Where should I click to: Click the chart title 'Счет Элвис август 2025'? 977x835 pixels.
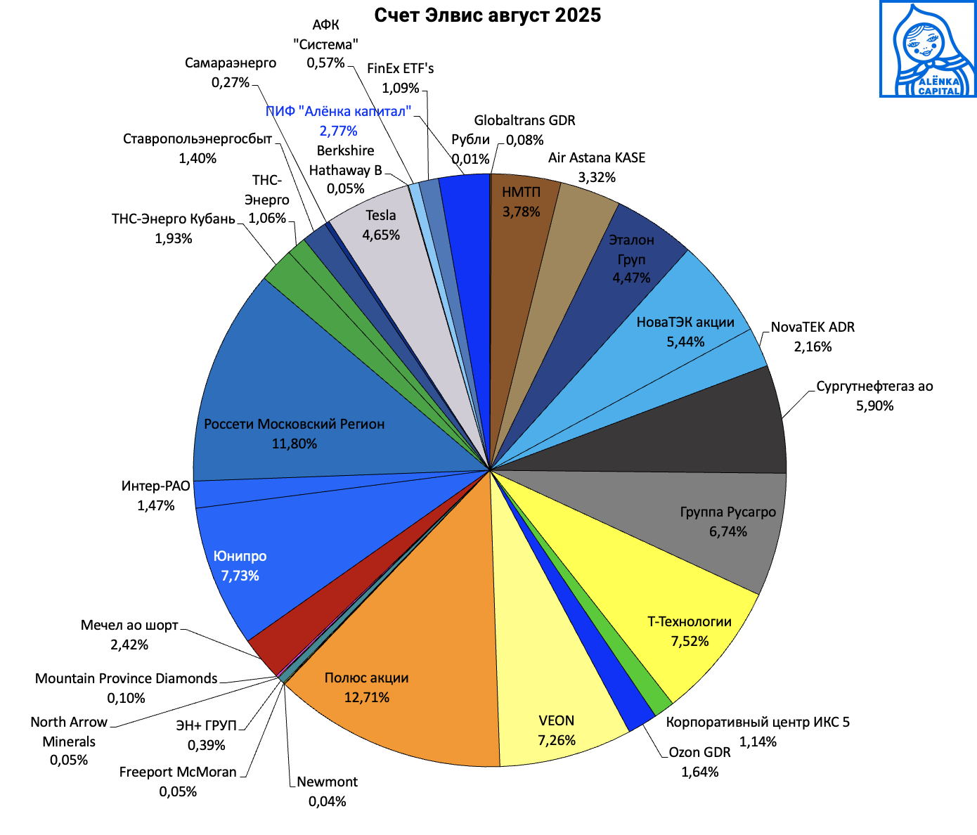tap(487, 15)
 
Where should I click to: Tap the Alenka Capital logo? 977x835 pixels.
tap(928, 49)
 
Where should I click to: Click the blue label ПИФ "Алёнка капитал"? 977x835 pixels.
tap(338, 112)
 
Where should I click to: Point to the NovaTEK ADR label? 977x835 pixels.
tap(813, 328)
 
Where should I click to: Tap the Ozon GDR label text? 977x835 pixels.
tap(699, 753)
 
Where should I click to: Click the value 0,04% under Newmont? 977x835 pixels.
tap(327, 801)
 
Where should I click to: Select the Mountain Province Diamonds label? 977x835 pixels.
tap(127, 679)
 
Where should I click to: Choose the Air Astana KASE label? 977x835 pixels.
tap(597, 158)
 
